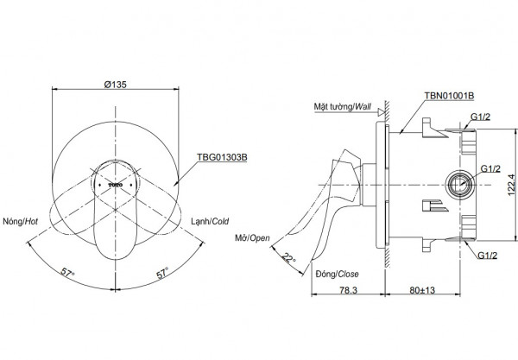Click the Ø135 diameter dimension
117,85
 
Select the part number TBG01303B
224,158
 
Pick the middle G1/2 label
492,168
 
